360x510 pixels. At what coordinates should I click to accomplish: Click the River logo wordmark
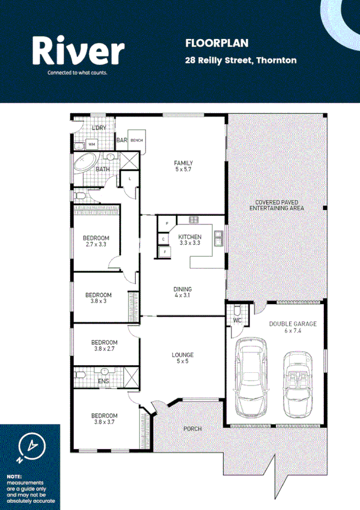(78, 51)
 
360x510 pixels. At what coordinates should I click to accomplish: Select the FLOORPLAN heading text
(208, 43)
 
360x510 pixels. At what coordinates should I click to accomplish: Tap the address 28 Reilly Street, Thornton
(240, 60)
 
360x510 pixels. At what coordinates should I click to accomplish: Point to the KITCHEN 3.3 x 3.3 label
(189, 240)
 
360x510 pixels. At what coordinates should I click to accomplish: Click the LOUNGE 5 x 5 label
(182, 358)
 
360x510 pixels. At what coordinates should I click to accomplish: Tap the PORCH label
(192, 429)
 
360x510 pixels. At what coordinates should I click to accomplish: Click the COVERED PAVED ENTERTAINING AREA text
(276, 206)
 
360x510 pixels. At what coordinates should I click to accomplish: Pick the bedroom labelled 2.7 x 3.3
(96, 241)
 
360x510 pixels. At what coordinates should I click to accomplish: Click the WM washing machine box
(93, 144)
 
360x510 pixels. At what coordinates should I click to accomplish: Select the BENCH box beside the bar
(136, 140)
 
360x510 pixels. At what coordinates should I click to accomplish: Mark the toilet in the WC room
(237, 310)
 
